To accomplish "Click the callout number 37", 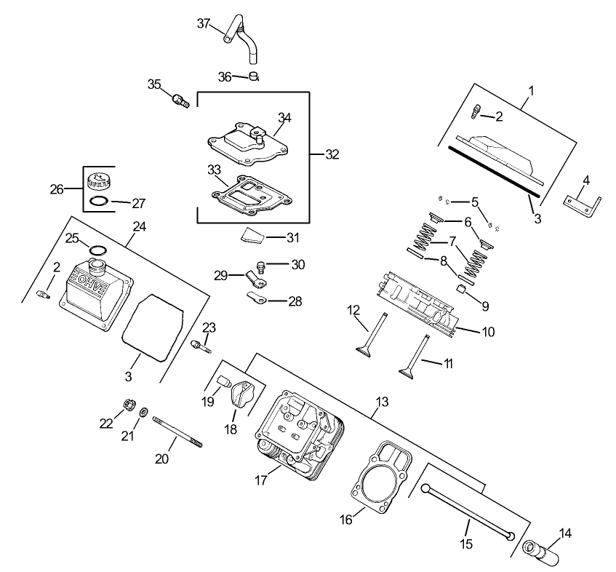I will [x=204, y=23].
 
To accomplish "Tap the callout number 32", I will [x=332, y=154].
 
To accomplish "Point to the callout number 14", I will [x=565, y=533].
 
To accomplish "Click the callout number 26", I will [x=56, y=189].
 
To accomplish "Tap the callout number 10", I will [x=488, y=332].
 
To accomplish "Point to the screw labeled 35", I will [x=179, y=100].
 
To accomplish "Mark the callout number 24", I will [x=139, y=226].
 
